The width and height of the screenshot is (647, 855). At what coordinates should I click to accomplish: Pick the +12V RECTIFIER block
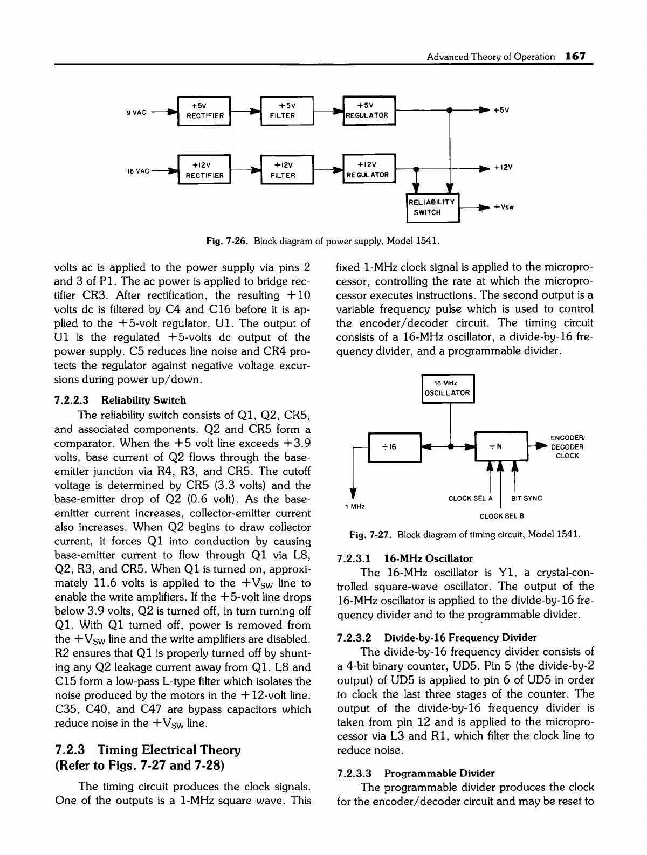click(x=204, y=170)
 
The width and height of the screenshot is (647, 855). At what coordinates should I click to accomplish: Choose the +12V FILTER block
click(x=287, y=170)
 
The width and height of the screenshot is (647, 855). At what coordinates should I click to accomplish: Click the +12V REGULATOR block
click(x=369, y=170)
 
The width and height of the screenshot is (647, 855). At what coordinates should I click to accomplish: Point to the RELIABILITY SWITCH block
click(x=432, y=207)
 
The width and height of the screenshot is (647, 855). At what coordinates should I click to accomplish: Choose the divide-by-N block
click(x=500, y=447)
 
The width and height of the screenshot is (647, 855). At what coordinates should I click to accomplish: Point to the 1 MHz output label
click(x=353, y=507)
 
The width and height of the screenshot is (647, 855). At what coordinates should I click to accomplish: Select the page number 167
click(x=575, y=57)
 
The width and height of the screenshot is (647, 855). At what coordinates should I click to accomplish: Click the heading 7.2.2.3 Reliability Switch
click(x=120, y=400)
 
